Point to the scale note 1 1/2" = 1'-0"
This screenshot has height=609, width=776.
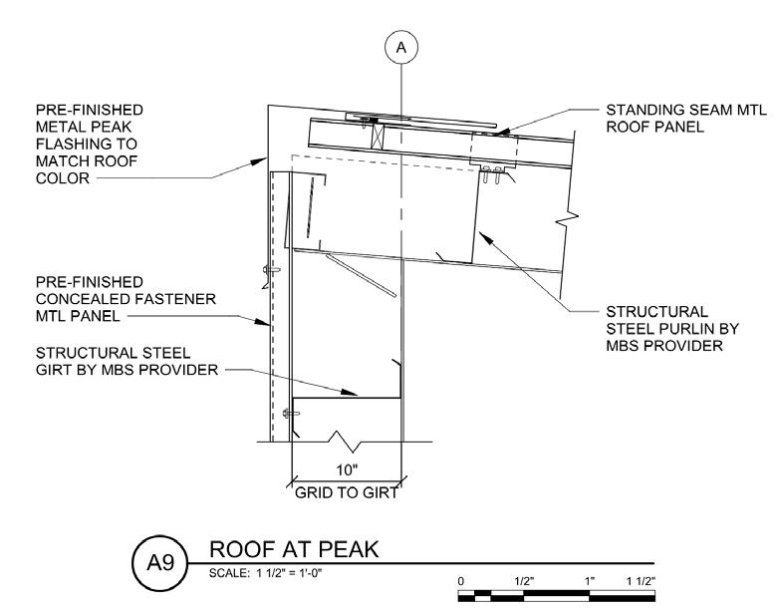253,573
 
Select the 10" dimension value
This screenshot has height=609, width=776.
345,469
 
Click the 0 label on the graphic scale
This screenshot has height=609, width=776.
461,580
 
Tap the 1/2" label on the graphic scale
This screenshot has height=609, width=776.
522,580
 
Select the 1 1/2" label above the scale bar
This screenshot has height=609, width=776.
639,580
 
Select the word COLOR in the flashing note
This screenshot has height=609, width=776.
61,179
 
